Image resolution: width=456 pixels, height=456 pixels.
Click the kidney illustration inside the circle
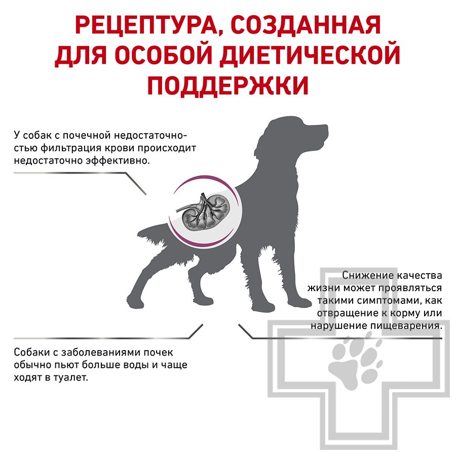pyautogui.click(x=202, y=210)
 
